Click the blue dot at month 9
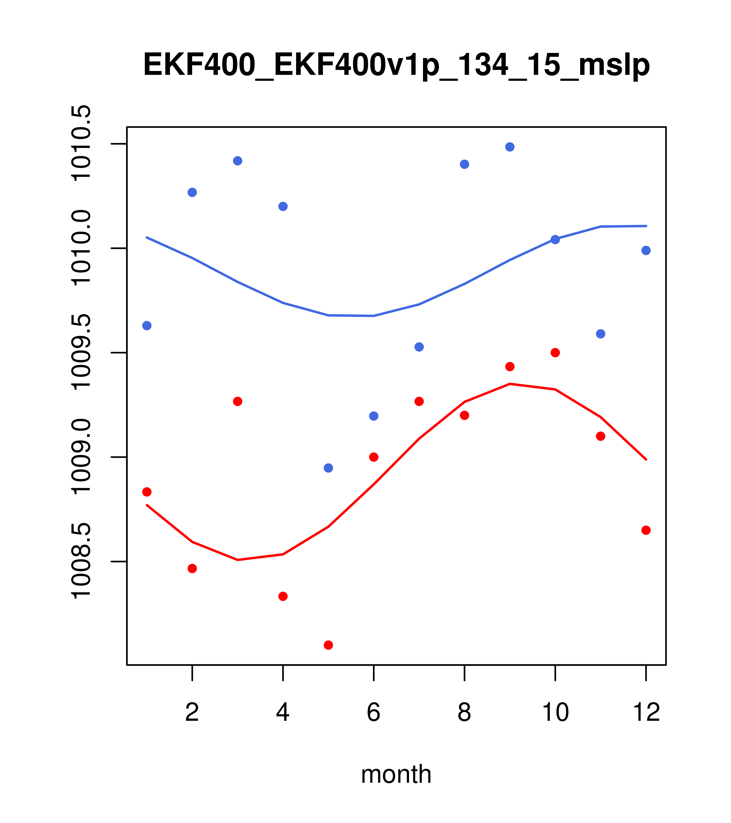510,147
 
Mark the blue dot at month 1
147,325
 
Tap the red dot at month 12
646,530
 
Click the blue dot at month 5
328,468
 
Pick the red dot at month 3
238,401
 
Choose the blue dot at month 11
601,334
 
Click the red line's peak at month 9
510,384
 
